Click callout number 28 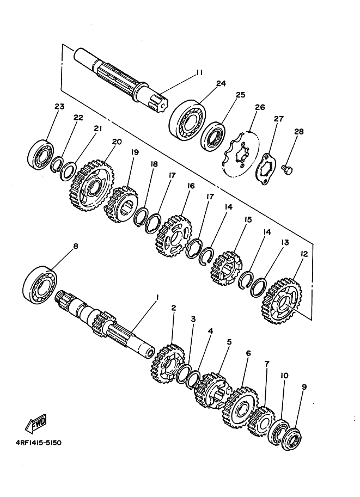click(x=298, y=132)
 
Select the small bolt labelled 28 click(x=288, y=169)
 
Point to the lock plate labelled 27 click(x=265, y=170)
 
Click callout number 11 click(x=199, y=72)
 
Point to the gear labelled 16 click(x=174, y=236)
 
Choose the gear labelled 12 click(x=282, y=300)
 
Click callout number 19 click(x=135, y=152)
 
